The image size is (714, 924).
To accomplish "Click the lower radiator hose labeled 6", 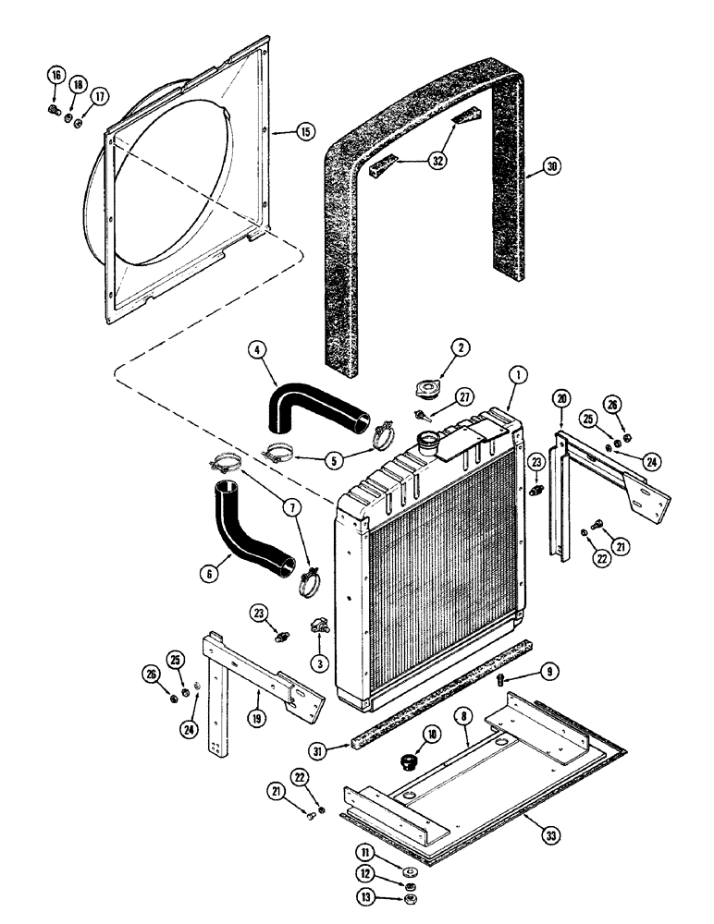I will (x=248, y=530).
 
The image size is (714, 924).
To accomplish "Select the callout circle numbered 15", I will (x=303, y=131).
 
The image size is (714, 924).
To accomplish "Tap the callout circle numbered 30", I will (x=552, y=166).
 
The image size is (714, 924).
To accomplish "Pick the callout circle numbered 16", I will (x=55, y=76).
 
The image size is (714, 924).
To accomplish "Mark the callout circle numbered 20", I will (x=562, y=397).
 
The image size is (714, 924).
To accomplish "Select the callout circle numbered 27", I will (x=465, y=396).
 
